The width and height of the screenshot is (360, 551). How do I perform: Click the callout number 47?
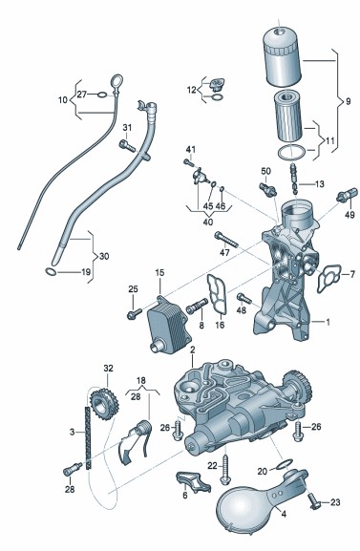point(224,252)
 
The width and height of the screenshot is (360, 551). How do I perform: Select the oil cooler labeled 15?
point(169,324)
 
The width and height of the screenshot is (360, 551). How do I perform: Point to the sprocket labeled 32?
point(104,403)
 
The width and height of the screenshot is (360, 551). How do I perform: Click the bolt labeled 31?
point(127,145)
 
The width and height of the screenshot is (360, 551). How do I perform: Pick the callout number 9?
point(348,101)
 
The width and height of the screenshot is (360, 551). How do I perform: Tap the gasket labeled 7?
point(328,278)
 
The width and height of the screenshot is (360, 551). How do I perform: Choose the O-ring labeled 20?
point(284,464)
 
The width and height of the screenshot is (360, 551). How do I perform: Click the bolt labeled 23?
point(314,500)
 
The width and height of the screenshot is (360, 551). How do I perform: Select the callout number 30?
point(104,257)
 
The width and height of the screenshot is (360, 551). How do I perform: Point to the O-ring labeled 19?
point(51,271)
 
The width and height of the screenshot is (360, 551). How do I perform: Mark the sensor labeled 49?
point(347,195)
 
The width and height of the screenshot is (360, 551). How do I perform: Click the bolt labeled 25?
point(134,313)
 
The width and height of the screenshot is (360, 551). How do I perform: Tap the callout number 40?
point(208,223)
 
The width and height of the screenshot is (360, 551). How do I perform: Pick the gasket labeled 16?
point(217,293)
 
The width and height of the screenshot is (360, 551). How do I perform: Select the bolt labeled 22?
point(225,470)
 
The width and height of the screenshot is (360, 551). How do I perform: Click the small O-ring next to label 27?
point(102,95)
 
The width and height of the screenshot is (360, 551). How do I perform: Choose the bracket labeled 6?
point(194,482)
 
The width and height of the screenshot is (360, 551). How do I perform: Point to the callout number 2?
point(192,350)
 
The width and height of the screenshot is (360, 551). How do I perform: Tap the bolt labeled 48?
point(244,299)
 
